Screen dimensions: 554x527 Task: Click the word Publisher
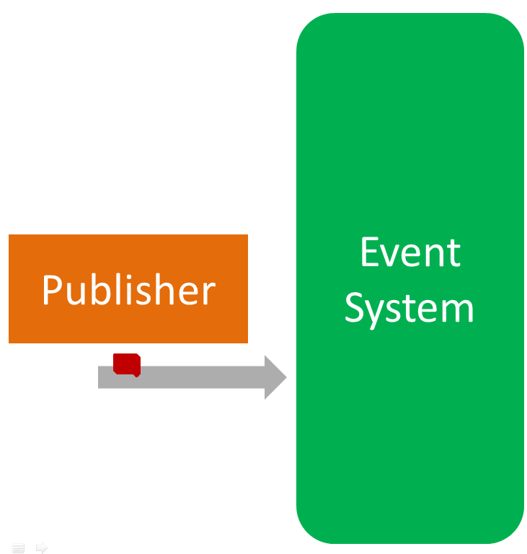[128, 290]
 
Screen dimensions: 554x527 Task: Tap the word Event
[409, 252]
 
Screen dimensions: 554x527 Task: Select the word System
[409, 308]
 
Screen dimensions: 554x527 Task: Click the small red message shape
[127, 364]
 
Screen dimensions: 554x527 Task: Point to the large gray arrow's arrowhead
[276, 377]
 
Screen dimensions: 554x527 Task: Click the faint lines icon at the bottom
[19, 548]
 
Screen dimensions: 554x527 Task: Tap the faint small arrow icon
[42, 548]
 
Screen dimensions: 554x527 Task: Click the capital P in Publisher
[52, 290]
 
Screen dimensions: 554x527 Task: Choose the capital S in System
[355, 308]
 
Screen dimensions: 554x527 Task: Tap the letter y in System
[379, 312]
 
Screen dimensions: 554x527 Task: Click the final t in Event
[453, 253]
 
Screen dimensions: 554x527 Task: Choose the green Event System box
[409, 433]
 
